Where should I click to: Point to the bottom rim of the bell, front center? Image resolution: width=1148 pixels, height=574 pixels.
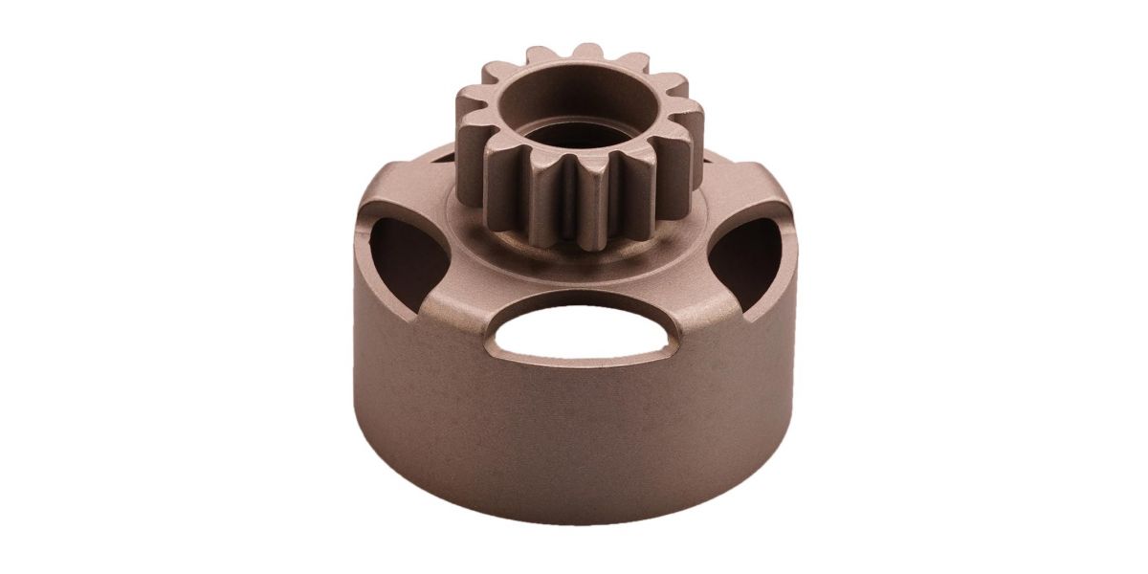(574, 512)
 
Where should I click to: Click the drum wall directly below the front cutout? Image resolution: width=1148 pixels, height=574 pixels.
(574, 421)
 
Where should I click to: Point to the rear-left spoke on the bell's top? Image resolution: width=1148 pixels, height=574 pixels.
(421, 177)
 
